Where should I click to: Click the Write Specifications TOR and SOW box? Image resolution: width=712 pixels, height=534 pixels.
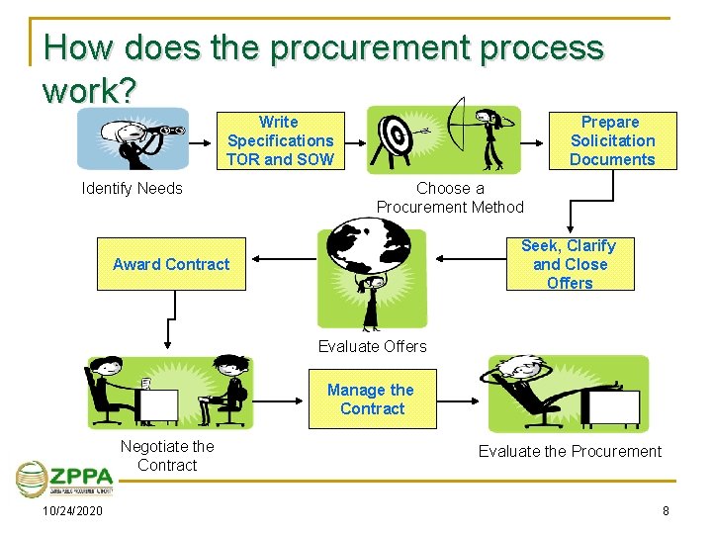(x=280, y=140)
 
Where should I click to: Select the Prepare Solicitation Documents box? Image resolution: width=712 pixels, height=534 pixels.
(x=611, y=140)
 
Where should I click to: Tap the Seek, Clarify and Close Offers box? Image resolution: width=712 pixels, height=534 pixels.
(x=569, y=264)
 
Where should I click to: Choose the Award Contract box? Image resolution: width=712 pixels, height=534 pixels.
(x=170, y=264)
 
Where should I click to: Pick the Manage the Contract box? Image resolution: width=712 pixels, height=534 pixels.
(x=372, y=400)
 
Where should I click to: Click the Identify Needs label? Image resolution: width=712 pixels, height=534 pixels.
(x=132, y=188)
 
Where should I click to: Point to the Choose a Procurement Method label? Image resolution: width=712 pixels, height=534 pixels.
(x=450, y=197)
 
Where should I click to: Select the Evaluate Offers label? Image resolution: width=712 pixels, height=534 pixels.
(x=372, y=346)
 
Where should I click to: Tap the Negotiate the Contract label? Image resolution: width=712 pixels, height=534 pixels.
(x=166, y=456)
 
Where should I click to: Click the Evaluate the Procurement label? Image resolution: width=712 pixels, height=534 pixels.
(x=570, y=451)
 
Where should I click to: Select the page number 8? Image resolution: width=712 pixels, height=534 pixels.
(x=666, y=510)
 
